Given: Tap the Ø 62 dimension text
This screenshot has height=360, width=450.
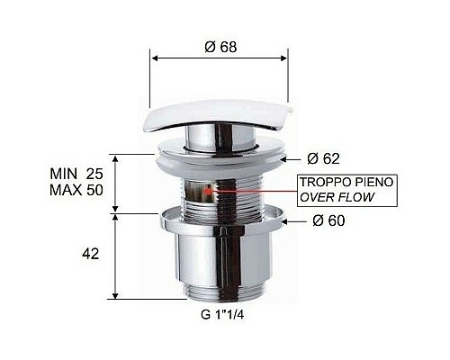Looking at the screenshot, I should [x=322, y=159].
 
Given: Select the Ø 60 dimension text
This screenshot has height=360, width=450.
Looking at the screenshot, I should [x=322, y=221].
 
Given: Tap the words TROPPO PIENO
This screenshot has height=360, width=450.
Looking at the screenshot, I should [x=339, y=183].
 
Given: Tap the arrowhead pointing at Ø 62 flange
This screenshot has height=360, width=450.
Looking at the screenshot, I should [x=285, y=158].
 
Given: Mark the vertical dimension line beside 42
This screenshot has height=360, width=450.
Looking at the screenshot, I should [x=116, y=256].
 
